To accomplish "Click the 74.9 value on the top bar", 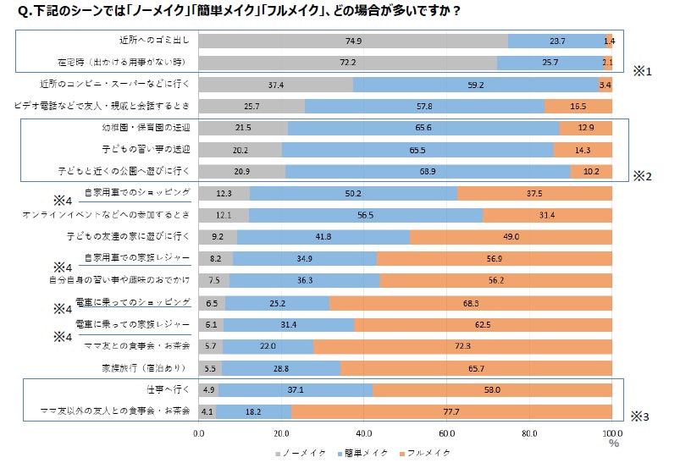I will point(354,41).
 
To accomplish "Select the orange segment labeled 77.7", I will point(451,412).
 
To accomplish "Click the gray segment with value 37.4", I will point(275,85).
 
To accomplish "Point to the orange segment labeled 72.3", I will point(462,346).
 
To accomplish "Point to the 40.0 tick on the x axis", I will point(365,433).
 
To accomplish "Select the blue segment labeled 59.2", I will point(475,85).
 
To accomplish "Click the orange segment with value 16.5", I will point(578,107).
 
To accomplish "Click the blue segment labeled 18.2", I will point(253,412).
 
